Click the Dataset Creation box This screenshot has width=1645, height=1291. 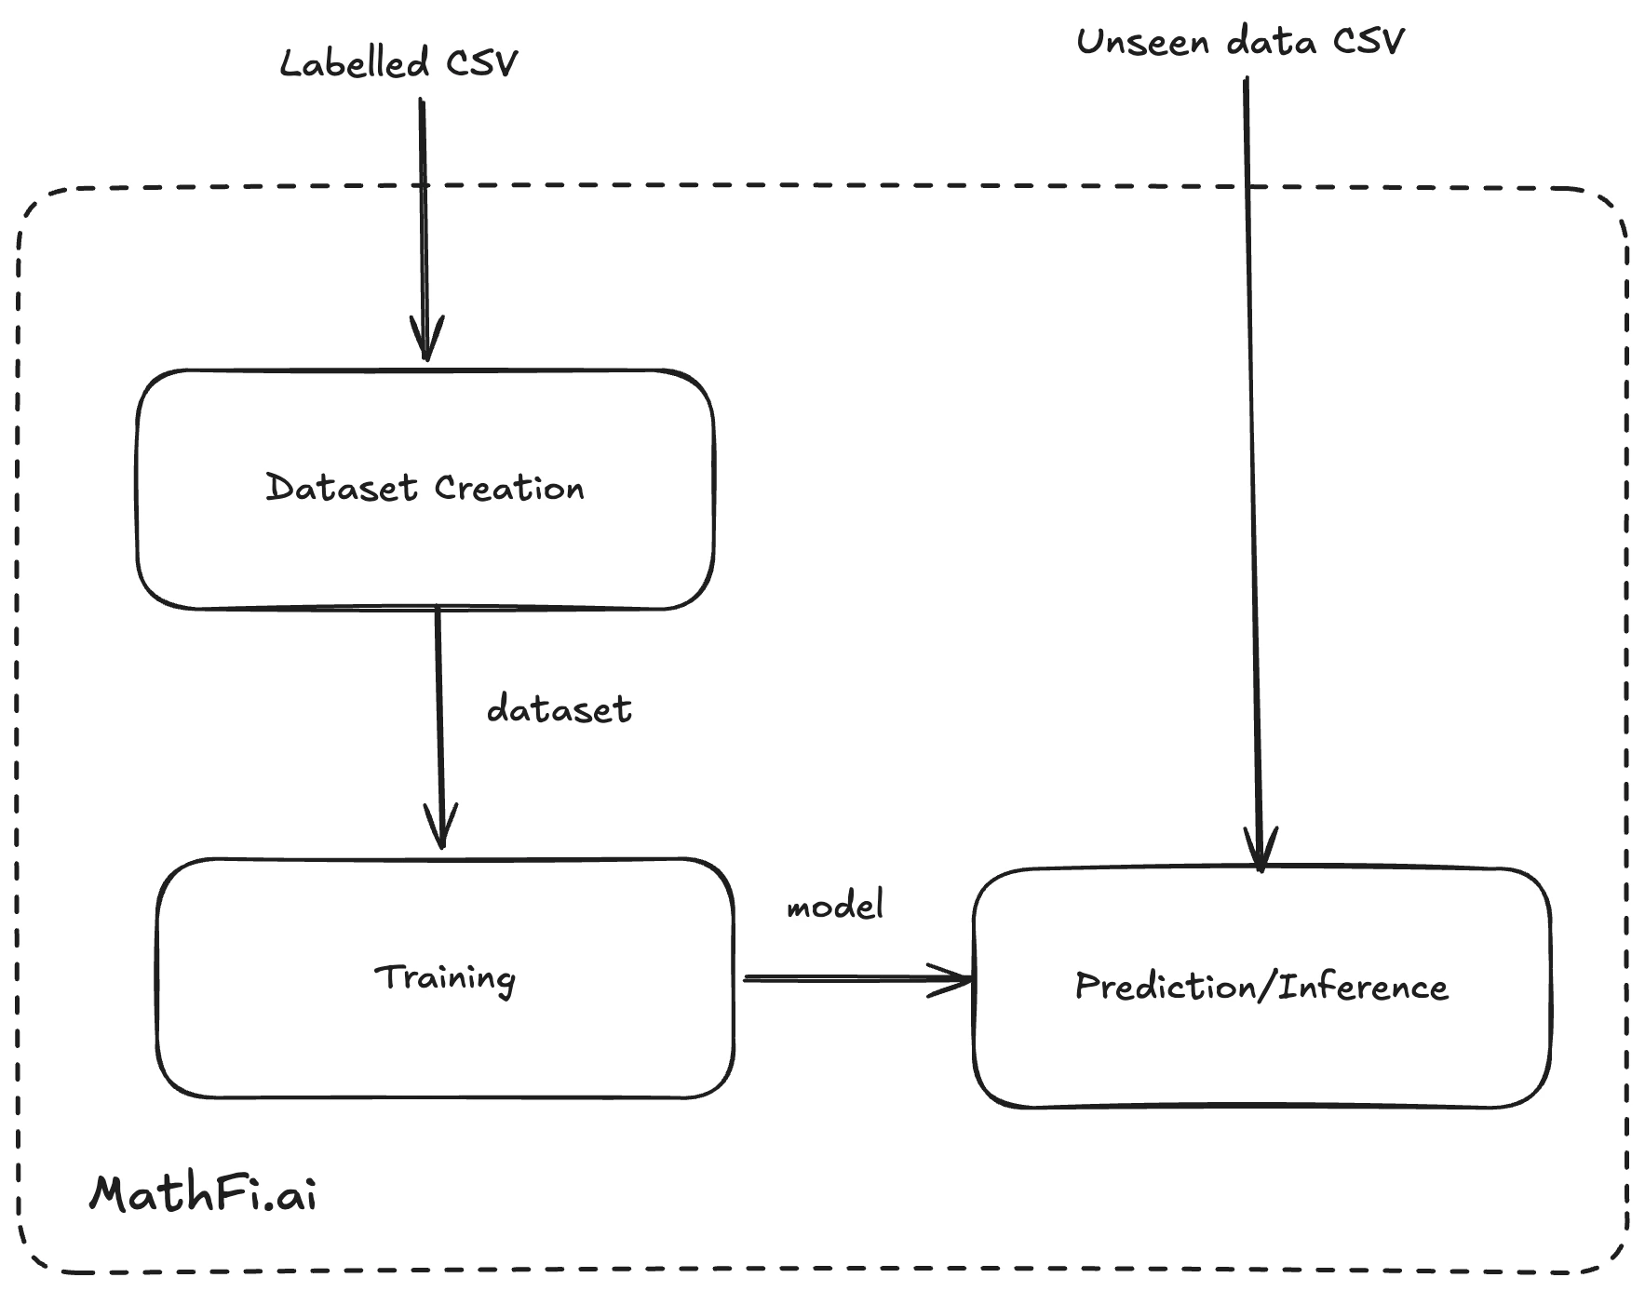pyautogui.click(x=425, y=490)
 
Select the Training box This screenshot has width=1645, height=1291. pyautogui.click(x=445, y=978)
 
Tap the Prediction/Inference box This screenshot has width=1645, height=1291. pyautogui.click(x=1261, y=988)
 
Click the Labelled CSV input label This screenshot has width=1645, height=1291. pyautogui.click(x=398, y=63)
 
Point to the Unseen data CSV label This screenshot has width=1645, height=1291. pyautogui.click(x=1240, y=42)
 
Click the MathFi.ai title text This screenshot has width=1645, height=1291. pyautogui.click(x=203, y=1193)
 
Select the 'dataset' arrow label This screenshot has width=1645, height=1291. pyautogui.click(x=559, y=709)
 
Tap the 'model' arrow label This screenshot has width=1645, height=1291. pyautogui.click(x=835, y=905)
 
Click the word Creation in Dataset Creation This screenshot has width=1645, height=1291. pyautogui.click(x=509, y=489)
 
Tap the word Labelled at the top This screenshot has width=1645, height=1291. pyautogui.click(x=355, y=63)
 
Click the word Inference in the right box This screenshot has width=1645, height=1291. pyautogui.click(x=1363, y=987)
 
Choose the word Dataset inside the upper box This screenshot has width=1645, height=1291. pyautogui.click(x=342, y=489)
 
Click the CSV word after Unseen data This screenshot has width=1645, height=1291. pyautogui.click(x=1369, y=42)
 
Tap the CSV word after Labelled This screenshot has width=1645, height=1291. pyautogui.click(x=481, y=63)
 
